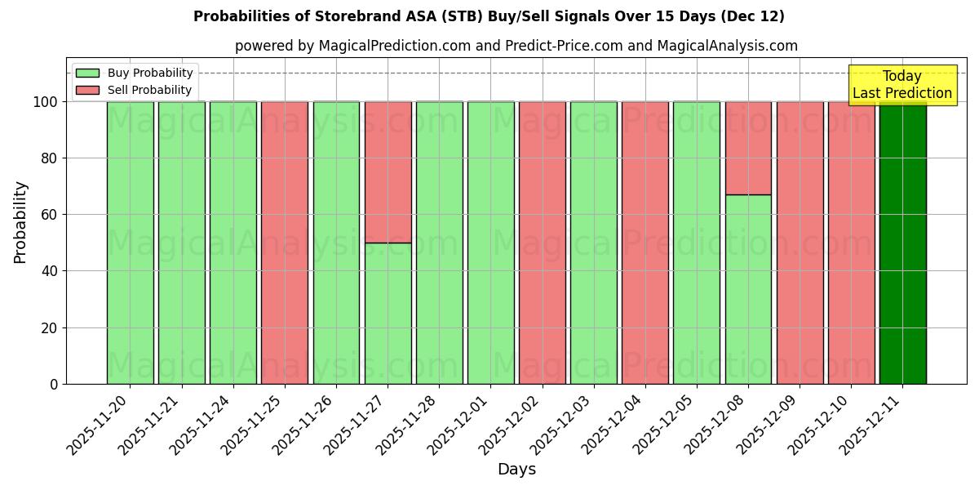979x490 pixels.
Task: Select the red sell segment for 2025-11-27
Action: click(388, 171)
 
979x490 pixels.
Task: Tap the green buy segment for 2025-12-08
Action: click(748, 289)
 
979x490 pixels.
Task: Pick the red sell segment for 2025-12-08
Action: click(748, 148)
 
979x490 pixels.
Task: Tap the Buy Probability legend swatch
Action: click(87, 73)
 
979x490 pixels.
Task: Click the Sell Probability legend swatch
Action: click(87, 90)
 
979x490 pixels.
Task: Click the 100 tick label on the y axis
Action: click(45, 102)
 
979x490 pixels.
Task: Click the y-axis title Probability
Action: click(20, 222)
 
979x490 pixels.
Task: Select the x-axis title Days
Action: click(516, 470)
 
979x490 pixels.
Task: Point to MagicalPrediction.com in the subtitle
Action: click(394, 46)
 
